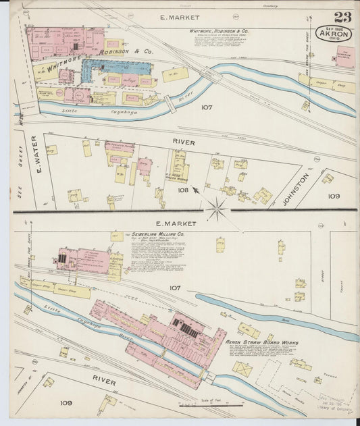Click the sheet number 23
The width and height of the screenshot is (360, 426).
341,18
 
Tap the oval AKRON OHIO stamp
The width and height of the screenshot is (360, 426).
334,34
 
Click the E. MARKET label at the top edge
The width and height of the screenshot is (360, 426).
175,16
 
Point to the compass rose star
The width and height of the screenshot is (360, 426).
217,209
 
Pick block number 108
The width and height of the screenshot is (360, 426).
182,190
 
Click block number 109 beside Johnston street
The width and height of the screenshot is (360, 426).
334,196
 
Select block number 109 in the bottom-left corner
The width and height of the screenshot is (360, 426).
66,402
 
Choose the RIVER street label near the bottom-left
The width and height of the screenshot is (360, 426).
104,381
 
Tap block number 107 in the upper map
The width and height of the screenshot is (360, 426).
207,107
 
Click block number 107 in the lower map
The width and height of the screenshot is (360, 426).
175,288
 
